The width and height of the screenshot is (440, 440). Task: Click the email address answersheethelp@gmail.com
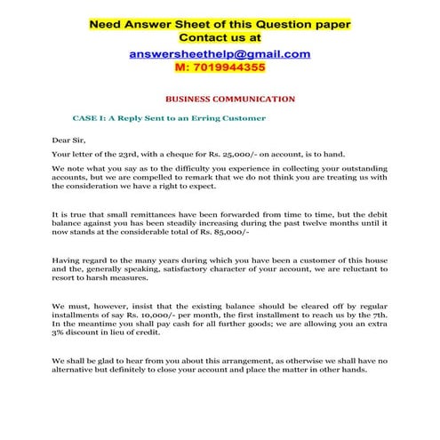point(220,54)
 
